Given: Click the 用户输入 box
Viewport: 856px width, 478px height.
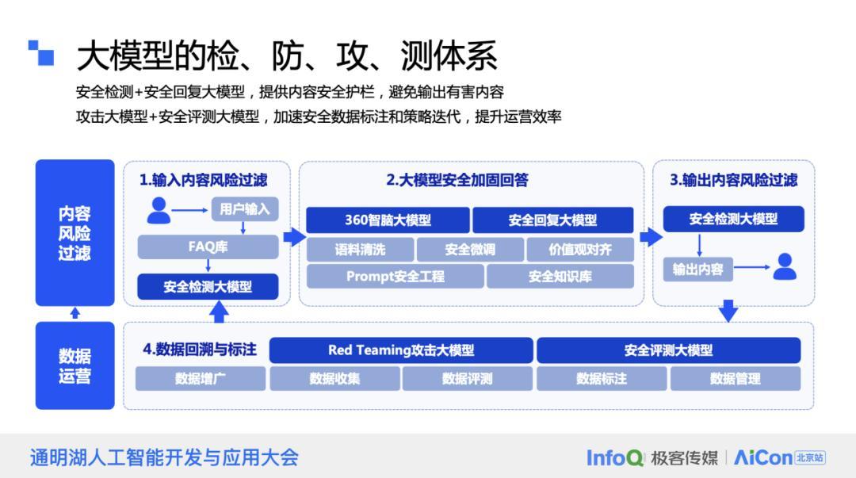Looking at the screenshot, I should tap(245, 209).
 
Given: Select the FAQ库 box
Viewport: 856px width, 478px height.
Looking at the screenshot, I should tap(208, 247).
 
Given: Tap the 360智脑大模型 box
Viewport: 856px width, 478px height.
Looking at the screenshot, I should tap(388, 220).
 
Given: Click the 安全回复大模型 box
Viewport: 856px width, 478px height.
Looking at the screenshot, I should tap(552, 220).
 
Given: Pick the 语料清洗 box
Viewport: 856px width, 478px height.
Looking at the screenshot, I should tap(360, 250).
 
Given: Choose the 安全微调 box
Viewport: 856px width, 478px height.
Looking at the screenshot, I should tap(470, 250).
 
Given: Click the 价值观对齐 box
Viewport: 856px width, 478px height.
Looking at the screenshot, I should tap(580, 250).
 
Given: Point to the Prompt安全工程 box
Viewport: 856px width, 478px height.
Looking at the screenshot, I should tap(395, 277).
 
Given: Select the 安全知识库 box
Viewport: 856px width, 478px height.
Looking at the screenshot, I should tap(560, 277).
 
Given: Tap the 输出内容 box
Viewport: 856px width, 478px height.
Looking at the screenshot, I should tap(697, 269).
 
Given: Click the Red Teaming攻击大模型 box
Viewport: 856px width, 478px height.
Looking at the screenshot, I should tap(401, 350).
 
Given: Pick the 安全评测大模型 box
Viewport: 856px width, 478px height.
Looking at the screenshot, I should tap(668, 350).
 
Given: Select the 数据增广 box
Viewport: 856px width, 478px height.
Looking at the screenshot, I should tap(200, 378).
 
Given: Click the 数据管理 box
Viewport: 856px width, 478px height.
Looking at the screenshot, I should tap(735, 378).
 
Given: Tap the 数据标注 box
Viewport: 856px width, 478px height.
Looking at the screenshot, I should tap(602, 378).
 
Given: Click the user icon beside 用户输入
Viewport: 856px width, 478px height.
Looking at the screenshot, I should tap(159, 210).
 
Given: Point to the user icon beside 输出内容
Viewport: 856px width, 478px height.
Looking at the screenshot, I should tap(785, 267).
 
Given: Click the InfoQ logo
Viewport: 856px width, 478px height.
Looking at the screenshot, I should tap(615, 457).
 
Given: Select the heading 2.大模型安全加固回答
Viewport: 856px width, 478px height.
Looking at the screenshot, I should tap(457, 180).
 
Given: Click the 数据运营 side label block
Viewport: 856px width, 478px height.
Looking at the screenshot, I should tap(75, 365).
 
